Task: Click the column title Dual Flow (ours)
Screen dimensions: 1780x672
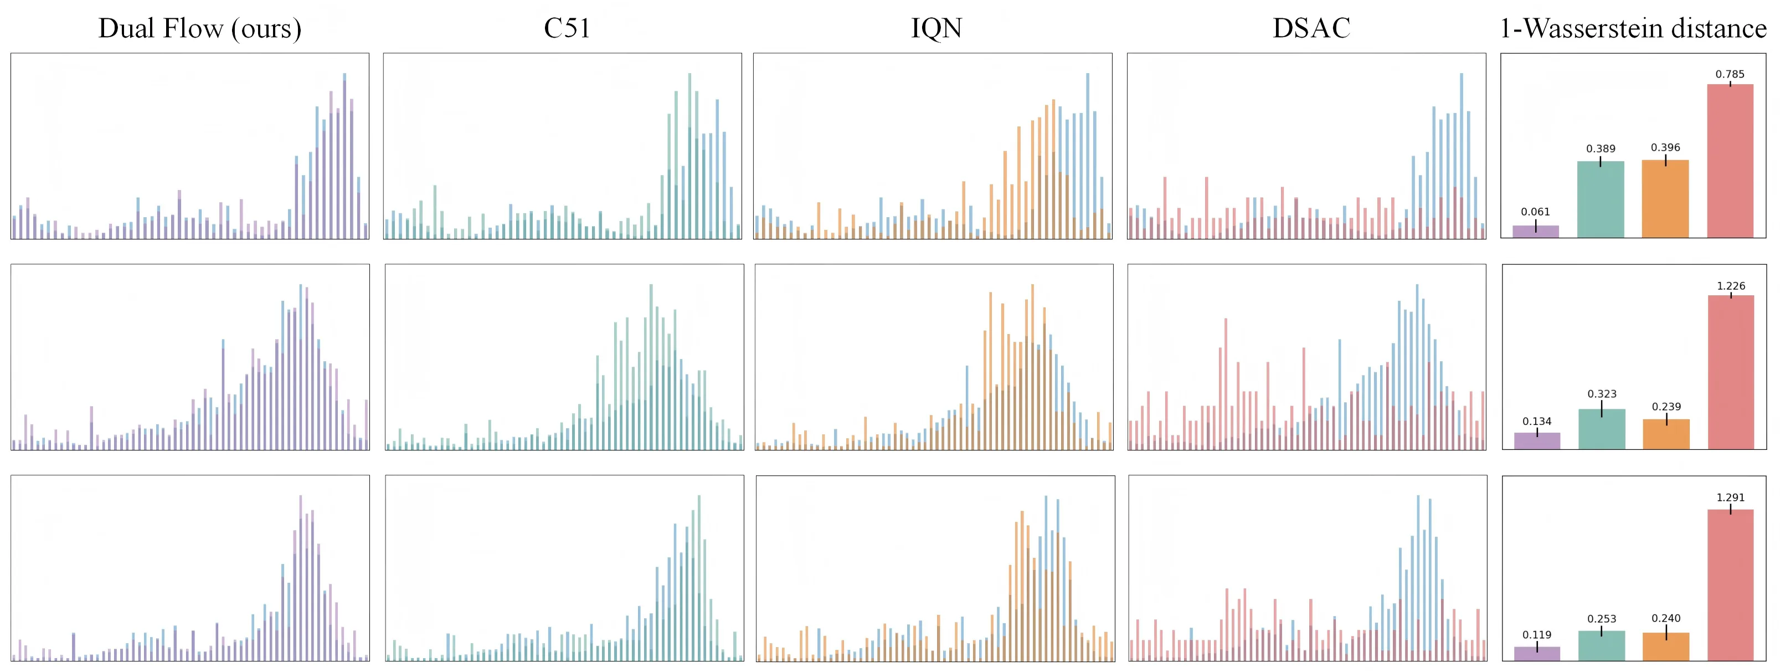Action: tap(200, 28)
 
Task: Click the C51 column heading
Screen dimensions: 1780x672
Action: tap(567, 28)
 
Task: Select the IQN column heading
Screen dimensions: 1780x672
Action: tap(937, 28)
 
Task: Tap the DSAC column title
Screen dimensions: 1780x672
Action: tap(1311, 28)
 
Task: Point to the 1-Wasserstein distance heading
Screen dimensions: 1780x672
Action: tap(1633, 28)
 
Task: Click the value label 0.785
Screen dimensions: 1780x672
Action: tap(1730, 74)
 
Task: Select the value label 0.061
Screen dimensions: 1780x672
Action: tap(1535, 212)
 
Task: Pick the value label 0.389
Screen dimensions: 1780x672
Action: tap(1601, 148)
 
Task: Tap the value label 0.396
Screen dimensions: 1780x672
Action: tap(1665, 147)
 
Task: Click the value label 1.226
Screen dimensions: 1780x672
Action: tap(1731, 285)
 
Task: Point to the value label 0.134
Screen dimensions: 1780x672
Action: tap(1537, 421)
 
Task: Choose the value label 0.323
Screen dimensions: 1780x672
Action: tap(1602, 393)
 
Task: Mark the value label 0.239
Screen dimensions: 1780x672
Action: tap(1666, 407)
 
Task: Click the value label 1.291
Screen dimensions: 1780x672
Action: tap(1730, 497)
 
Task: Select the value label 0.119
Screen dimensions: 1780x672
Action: tap(1537, 635)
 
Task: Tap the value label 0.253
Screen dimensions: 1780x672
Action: tap(1602, 619)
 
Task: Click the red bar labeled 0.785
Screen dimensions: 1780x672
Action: tap(1730, 161)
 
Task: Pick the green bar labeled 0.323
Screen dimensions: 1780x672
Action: tap(1602, 429)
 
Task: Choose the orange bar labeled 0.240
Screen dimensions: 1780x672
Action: tap(1666, 647)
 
